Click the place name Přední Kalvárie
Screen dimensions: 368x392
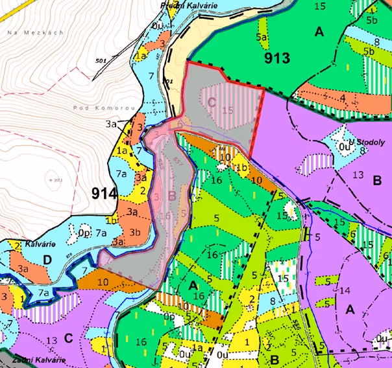click(188, 5)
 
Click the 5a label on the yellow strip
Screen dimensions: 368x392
click(262, 38)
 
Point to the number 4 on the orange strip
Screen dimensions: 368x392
click(342, 98)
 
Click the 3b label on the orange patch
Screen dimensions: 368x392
click(136, 232)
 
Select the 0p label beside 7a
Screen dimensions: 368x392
click(84, 231)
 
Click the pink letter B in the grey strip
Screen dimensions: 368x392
click(172, 194)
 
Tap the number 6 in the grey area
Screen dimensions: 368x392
click(180, 122)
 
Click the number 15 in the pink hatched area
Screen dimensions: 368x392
click(227, 110)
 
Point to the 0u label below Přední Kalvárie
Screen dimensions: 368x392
click(157, 25)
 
